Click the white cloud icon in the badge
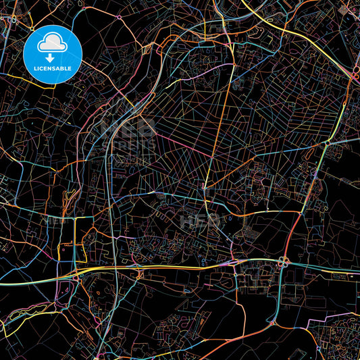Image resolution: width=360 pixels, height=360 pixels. point(53,45)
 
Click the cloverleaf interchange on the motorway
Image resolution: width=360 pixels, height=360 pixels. point(283,261)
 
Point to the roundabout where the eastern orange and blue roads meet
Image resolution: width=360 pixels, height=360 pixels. point(327,143)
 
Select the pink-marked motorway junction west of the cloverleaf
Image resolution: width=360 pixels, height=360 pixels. point(233,261)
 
